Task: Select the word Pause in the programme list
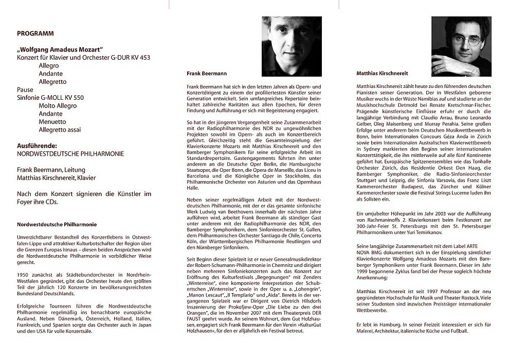click(25, 89)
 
